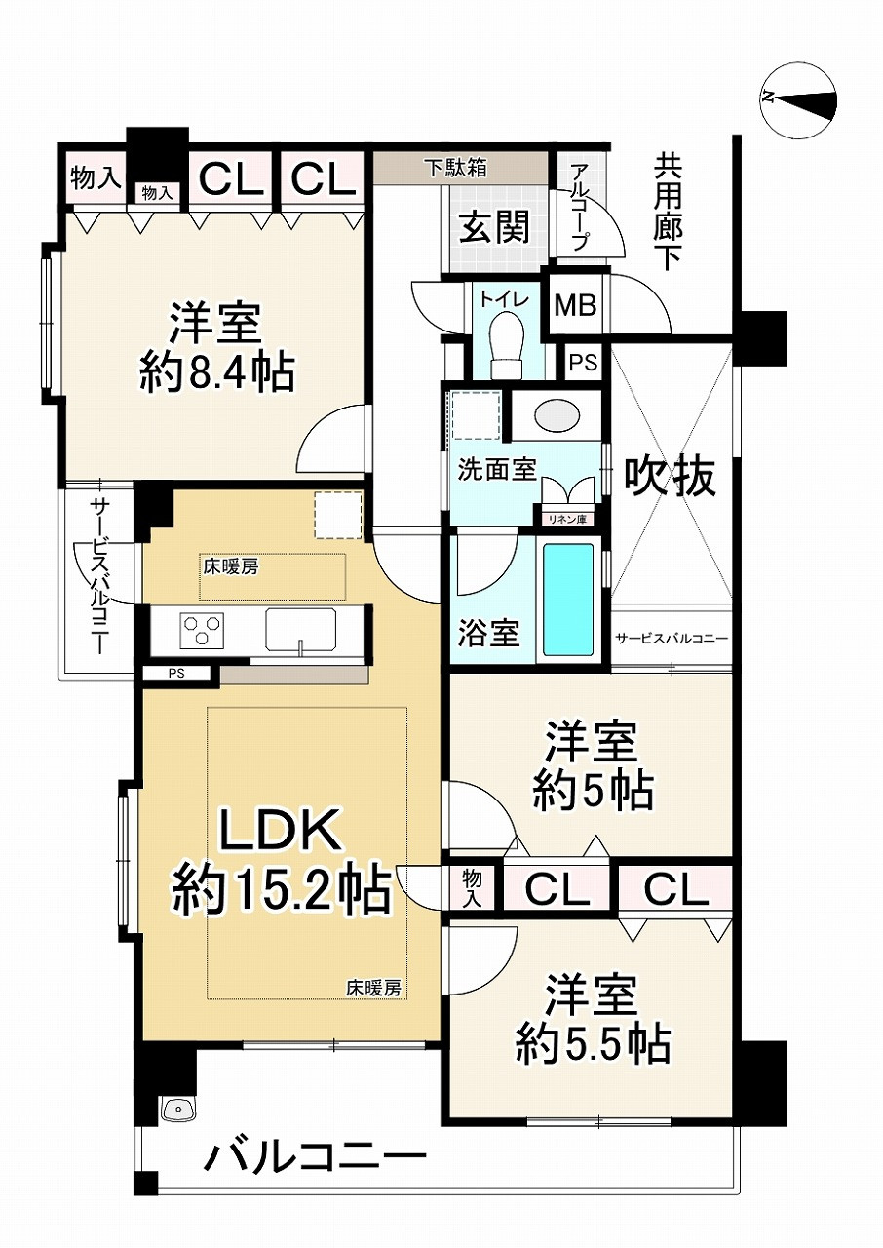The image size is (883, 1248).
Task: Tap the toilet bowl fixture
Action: tap(507, 344)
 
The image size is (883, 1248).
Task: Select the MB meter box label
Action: tap(575, 305)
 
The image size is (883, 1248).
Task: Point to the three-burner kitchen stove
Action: tap(201, 629)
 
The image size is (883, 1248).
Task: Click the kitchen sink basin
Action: tap(300, 629)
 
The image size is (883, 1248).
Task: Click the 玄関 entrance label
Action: tap(494, 228)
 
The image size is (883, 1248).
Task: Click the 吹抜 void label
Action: tap(669, 477)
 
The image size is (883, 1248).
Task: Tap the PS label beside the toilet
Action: tap(583, 363)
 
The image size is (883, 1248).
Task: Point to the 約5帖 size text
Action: tap(592, 790)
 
